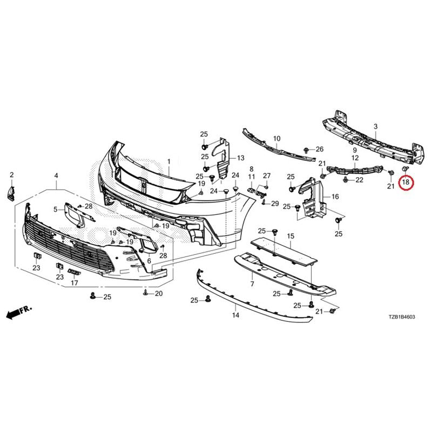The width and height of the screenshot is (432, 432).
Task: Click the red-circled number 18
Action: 406,182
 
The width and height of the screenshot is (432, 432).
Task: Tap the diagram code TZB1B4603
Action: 401,317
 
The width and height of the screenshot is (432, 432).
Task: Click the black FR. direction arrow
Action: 19,312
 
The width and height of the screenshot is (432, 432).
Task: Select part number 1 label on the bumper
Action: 168,161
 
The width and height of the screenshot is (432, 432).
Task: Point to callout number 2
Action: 11,174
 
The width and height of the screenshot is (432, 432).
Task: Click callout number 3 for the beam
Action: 376,127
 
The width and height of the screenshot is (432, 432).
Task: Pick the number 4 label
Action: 56,175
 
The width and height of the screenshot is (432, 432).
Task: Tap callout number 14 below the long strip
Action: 235,315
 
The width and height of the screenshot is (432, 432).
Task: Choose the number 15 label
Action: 291,236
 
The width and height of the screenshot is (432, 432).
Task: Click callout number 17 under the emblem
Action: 75,282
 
